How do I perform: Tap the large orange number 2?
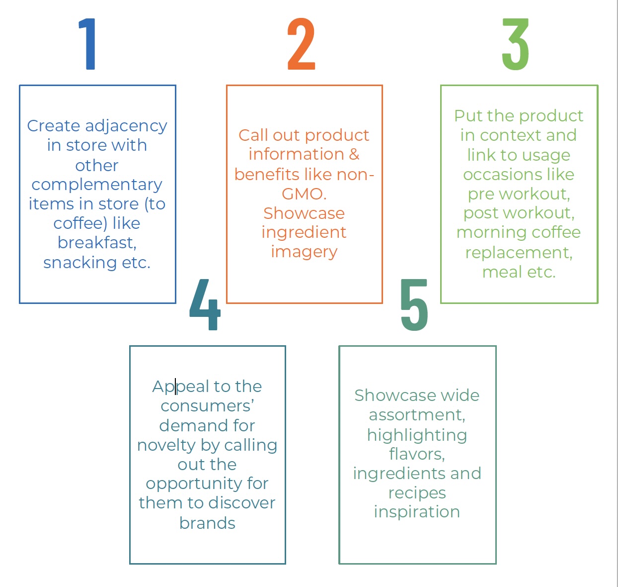301,44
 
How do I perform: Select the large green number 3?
515,44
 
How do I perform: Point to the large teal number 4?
205,304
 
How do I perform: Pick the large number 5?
414,304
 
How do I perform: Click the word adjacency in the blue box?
126,126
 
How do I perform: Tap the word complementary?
97,185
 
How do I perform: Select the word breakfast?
96,243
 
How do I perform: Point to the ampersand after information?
354,154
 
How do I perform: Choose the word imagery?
304,252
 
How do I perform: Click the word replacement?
518,253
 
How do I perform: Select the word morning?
485,232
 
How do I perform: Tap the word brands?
207,523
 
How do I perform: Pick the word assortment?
416,415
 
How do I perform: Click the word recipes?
417,493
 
